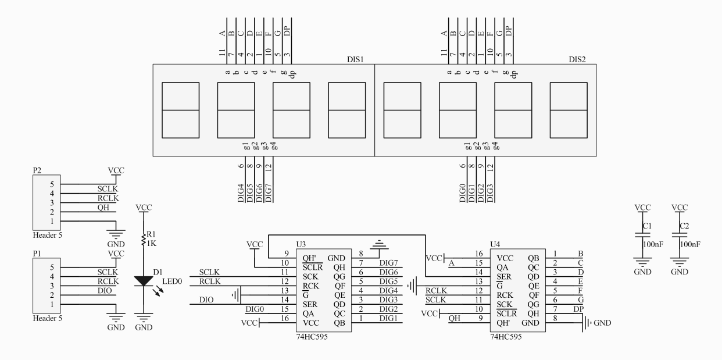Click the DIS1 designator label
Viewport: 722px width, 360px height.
coord(355,59)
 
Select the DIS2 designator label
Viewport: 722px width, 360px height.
coord(577,59)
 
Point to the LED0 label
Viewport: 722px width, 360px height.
coord(172,281)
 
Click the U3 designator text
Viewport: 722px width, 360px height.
coord(301,244)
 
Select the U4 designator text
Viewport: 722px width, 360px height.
coord(495,244)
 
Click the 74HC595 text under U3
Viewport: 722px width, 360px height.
coord(312,337)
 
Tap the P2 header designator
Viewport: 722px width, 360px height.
coord(37,170)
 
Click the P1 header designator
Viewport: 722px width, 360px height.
coord(37,254)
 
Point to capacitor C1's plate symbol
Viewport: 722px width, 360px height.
coord(642,235)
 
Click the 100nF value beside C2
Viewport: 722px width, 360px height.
coord(690,244)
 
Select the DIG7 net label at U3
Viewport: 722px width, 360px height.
coord(388,263)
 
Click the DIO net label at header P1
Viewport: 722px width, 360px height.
coord(105,291)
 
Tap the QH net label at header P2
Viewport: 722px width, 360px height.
coord(103,208)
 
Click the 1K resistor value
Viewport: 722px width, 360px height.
coord(152,243)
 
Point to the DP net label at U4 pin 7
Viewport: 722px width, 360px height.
coord(578,309)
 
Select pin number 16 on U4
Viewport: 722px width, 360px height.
coord(479,254)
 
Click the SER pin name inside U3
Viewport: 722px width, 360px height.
coord(310,305)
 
